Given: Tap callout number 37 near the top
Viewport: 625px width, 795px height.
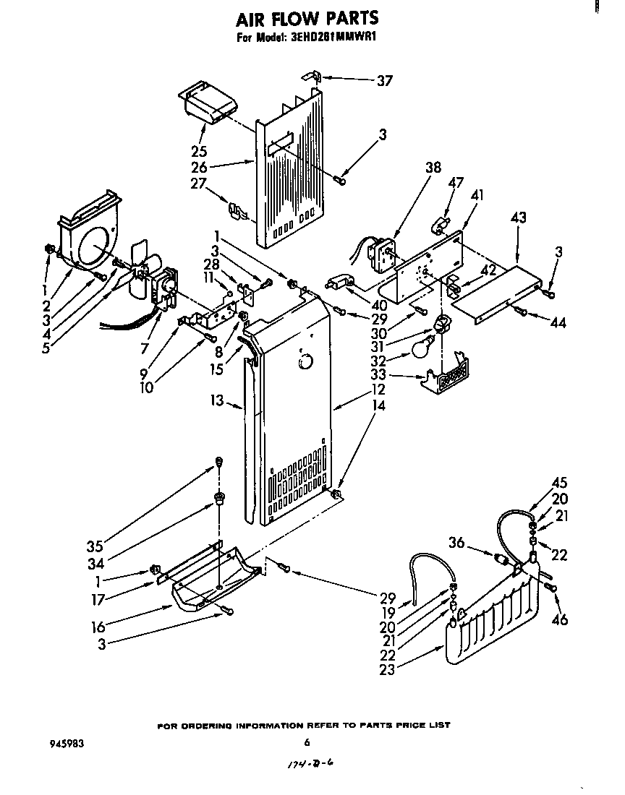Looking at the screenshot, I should pyautogui.click(x=385, y=81).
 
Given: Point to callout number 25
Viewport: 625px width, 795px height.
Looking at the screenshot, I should pyautogui.click(x=199, y=152).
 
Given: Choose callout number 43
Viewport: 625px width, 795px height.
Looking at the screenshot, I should pyautogui.click(x=518, y=218).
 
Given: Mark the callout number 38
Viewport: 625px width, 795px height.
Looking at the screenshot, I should pyautogui.click(x=433, y=167).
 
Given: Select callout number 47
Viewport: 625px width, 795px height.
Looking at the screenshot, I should pyautogui.click(x=456, y=183).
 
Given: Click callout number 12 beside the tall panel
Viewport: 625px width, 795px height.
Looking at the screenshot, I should pyautogui.click(x=377, y=388).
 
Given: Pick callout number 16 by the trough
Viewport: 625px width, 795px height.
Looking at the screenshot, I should pyautogui.click(x=98, y=627).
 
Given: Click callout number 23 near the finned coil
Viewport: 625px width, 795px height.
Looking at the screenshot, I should pyautogui.click(x=387, y=669).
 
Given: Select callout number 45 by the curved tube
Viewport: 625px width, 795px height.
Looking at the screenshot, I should pyautogui.click(x=559, y=484).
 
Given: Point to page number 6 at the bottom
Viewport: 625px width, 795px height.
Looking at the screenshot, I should pyautogui.click(x=307, y=742).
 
